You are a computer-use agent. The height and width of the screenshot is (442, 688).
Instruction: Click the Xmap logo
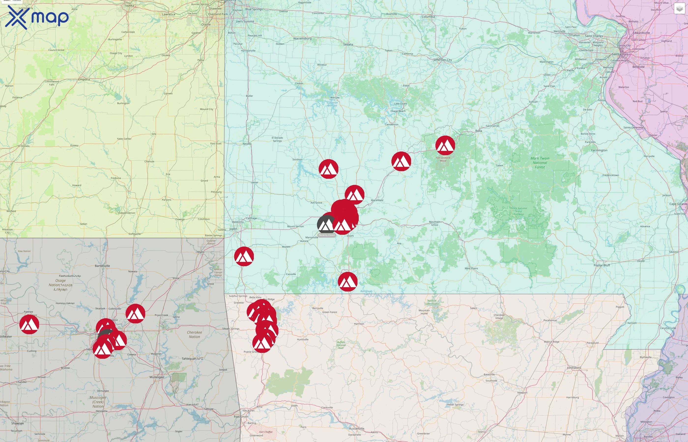37,17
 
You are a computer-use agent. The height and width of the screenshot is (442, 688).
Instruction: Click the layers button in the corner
679,9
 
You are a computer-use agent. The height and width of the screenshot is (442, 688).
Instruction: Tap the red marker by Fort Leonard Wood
445,145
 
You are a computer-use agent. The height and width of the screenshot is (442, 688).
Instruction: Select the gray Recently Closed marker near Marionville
326,224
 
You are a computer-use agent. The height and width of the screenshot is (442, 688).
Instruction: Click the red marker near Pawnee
29,324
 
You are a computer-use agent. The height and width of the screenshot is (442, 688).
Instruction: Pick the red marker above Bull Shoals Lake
347,282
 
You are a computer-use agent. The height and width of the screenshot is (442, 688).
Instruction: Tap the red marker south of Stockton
328,169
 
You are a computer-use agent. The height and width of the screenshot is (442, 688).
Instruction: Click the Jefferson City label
443,60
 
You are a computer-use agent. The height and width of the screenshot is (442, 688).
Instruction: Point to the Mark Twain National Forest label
540,163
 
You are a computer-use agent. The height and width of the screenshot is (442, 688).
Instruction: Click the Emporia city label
84,80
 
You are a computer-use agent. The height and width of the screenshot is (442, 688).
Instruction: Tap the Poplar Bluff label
602,265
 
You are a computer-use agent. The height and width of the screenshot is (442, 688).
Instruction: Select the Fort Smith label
241,416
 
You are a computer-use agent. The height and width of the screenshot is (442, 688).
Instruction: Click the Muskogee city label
157,377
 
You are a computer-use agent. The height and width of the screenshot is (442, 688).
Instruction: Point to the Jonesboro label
574,368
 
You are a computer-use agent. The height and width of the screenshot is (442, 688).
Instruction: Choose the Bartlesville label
102,266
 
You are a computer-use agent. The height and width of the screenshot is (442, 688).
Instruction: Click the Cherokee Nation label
194,334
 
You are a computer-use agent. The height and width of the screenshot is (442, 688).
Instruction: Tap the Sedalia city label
348,44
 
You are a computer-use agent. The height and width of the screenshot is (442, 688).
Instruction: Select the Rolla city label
478,131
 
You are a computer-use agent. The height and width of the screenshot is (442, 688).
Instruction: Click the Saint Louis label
620,54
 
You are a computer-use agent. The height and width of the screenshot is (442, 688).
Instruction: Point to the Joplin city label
233,229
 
